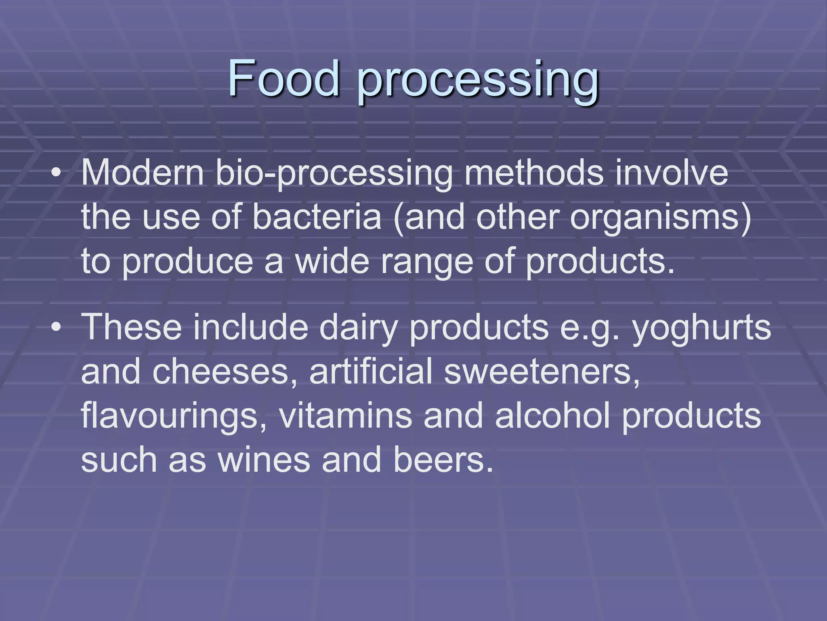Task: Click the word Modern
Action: point(143,173)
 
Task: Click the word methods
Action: point(534,173)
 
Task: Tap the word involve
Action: point(672,173)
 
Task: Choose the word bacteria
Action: point(317,217)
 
